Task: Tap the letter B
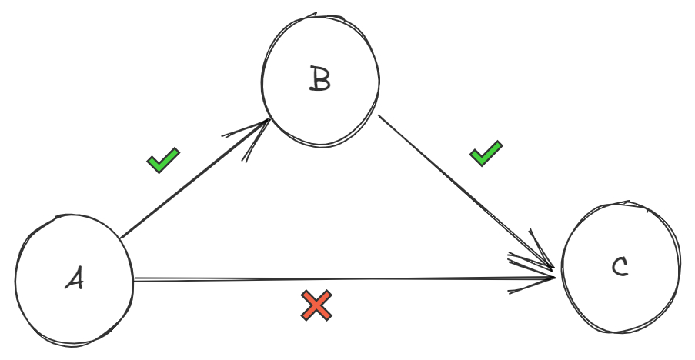(319, 78)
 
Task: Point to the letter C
(620, 267)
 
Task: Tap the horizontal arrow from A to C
(339, 279)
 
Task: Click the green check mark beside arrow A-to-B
(163, 160)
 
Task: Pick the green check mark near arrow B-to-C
(486, 153)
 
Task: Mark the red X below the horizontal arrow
(316, 305)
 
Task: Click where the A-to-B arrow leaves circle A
(122, 235)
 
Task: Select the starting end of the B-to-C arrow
(379, 117)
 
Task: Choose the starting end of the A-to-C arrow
(135, 279)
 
